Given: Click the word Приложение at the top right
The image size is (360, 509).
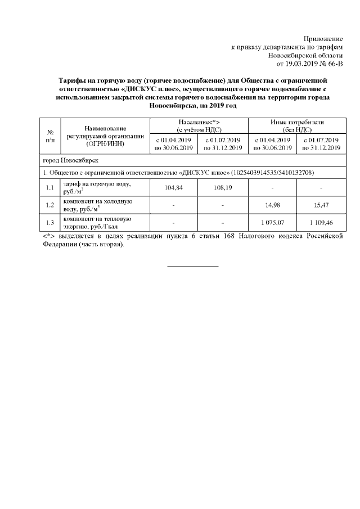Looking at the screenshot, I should coord(322,38).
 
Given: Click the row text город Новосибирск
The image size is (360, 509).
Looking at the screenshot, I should coord(71,160).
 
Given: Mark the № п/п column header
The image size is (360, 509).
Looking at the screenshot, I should coord(49,136).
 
